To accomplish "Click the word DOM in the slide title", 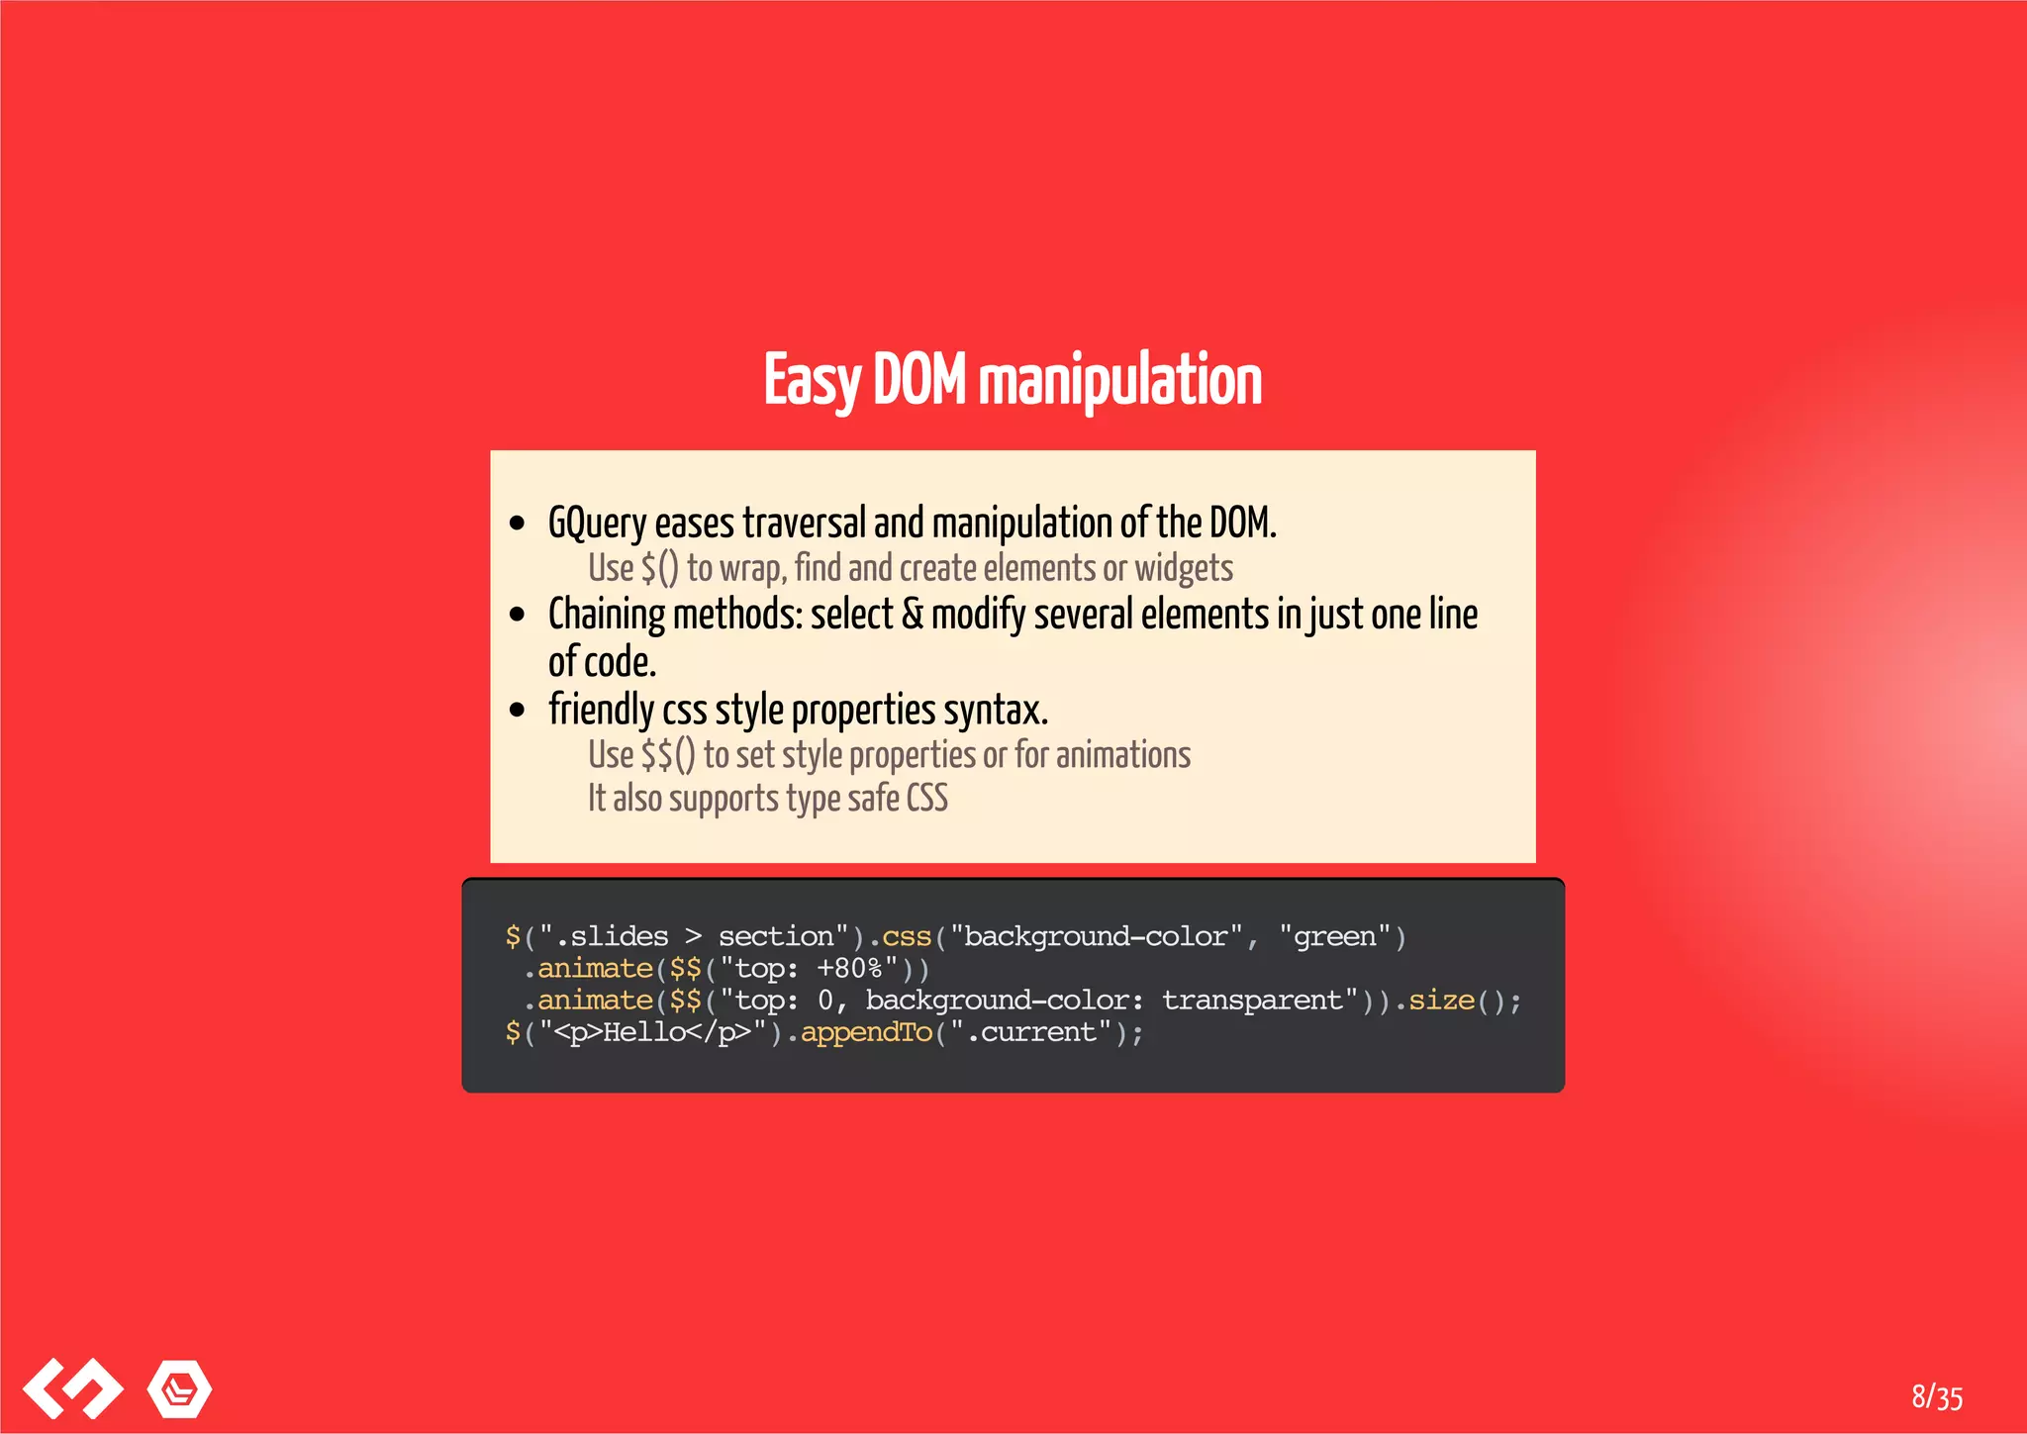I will (x=918, y=380).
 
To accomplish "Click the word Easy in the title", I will (x=812, y=382).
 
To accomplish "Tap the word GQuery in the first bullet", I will (x=597, y=524).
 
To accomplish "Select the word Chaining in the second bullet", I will (x=607, y=615).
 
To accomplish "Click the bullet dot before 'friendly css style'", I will (x=517, y=710).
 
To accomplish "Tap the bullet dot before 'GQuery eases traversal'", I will (x=517, y=524).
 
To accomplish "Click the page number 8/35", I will (x=1937, y=1396).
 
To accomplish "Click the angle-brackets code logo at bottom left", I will (x=72, y=1387).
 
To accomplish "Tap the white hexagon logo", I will (x=179, y=1388).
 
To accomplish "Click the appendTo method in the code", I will (x=866, y=1032).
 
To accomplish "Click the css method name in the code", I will (x=907, y=936).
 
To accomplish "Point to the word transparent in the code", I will (x=1252, y=1001).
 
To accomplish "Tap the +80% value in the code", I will (x=849, y=968).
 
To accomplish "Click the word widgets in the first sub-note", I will (x=1184, y=569).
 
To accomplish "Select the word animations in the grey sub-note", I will (x=1123, y=755).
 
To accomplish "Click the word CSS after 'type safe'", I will (x=927, y=799).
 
